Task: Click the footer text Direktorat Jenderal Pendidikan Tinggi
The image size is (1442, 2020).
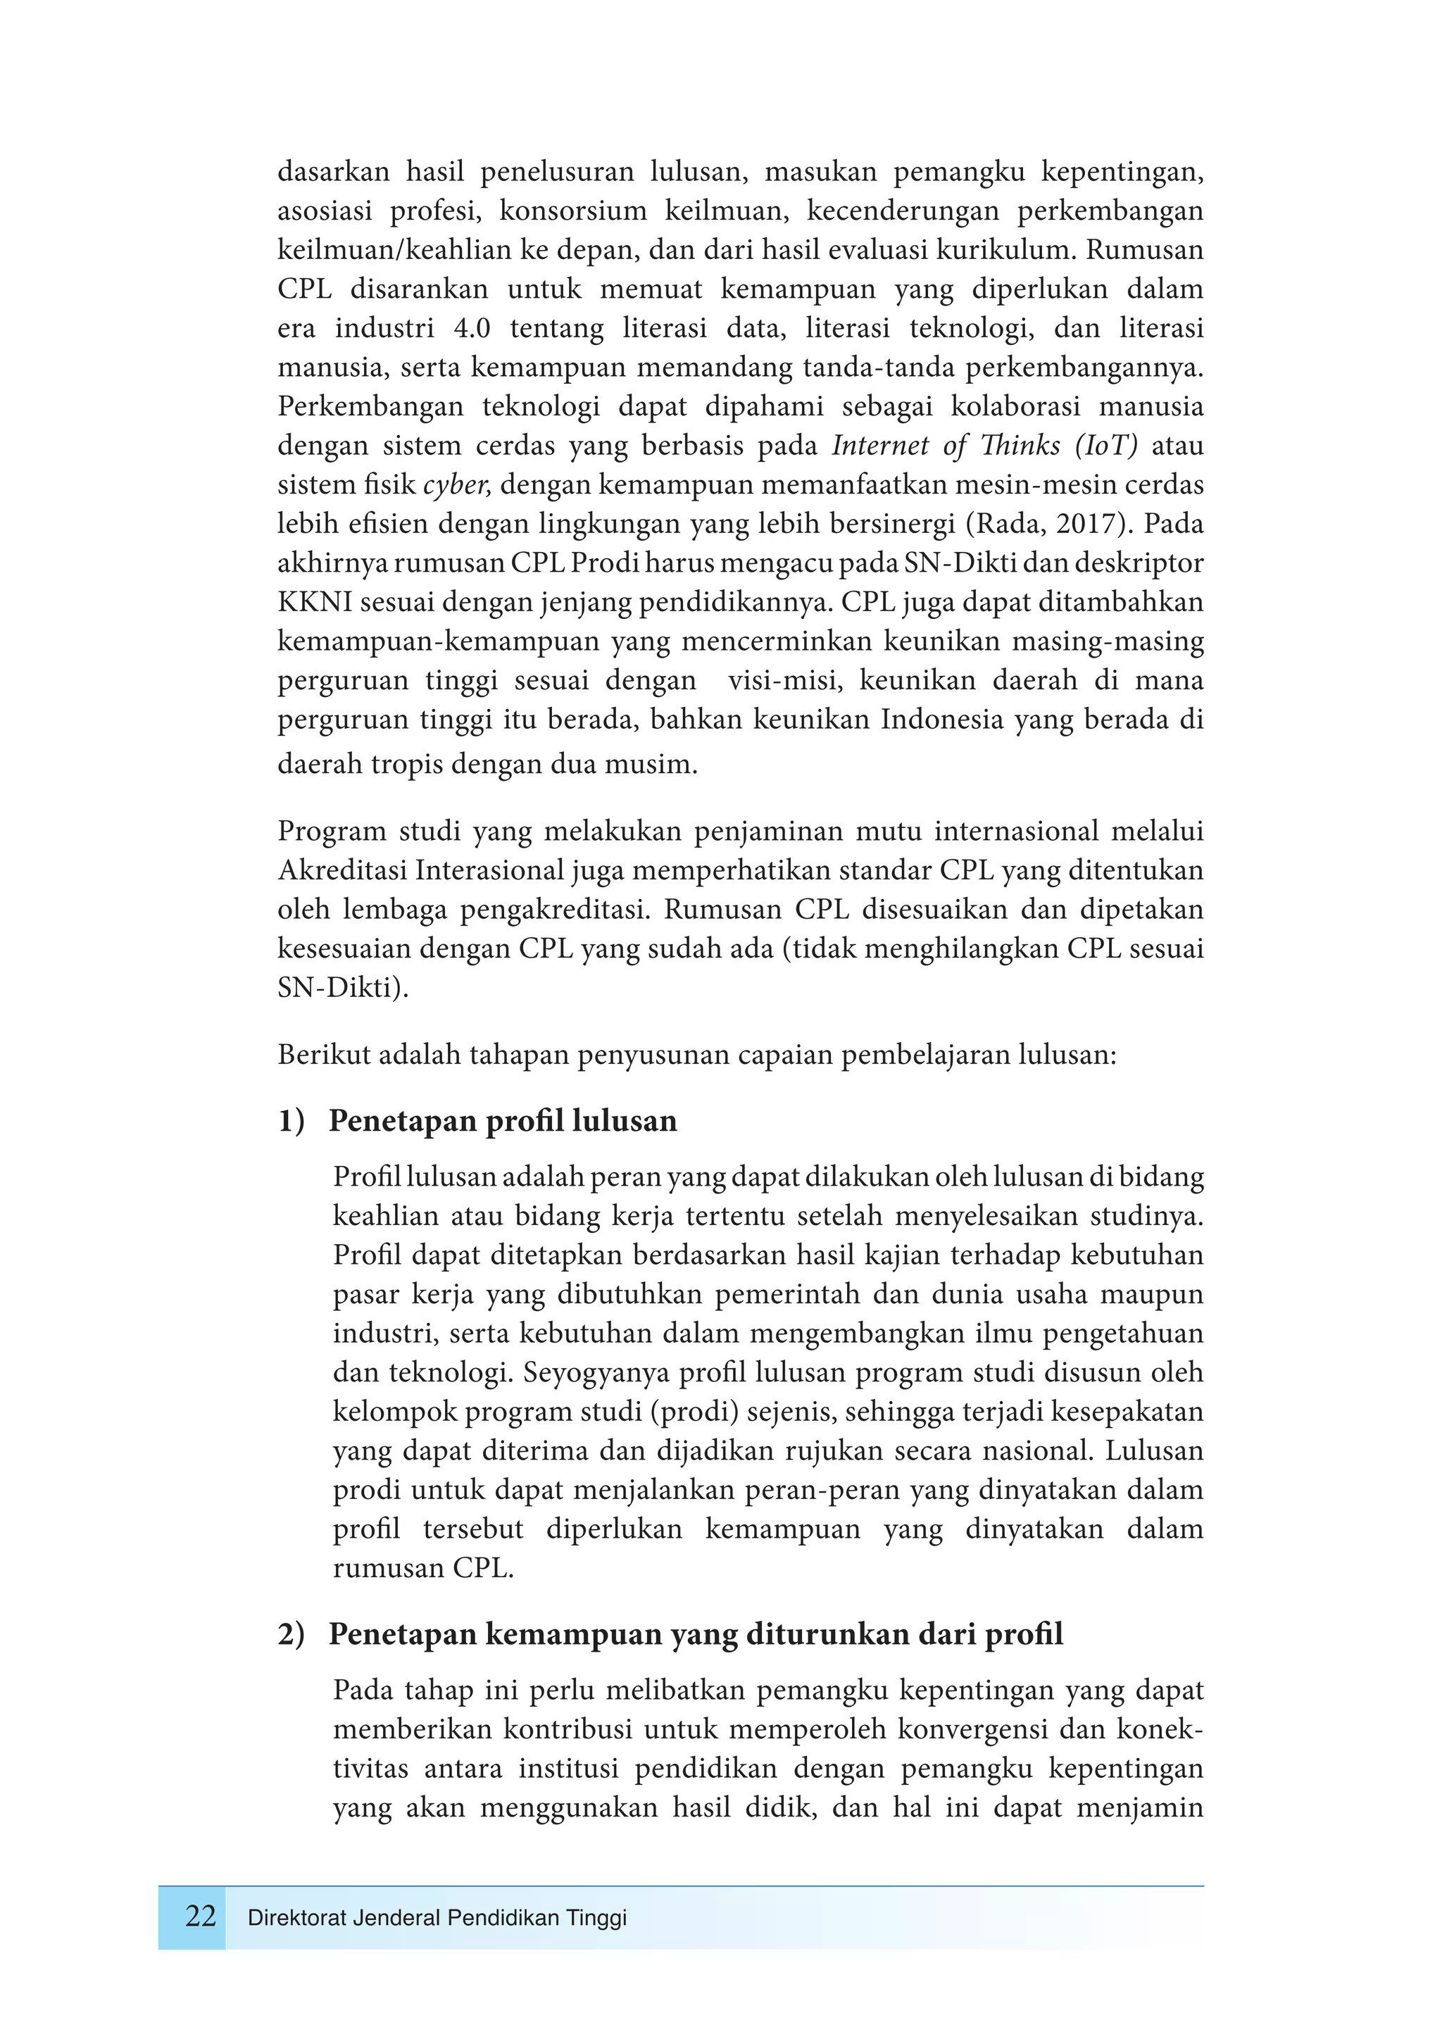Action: [437, 1918]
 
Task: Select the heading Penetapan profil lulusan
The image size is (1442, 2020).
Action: [503, 1121]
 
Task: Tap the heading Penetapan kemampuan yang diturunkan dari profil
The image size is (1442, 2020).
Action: [695, 1633]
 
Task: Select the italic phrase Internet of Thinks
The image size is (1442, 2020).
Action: [946, 446]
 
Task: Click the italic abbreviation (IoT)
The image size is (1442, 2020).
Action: [1105, 446]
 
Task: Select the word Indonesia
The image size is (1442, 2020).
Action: [941, 719]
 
